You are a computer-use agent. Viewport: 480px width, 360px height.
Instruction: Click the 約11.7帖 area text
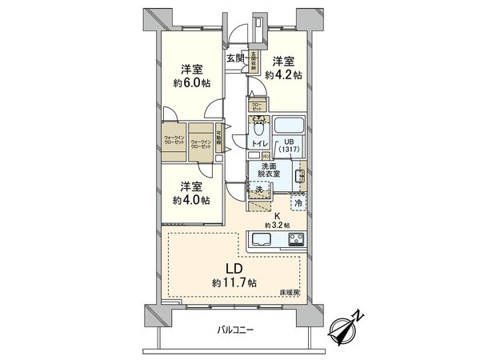click(234, 283)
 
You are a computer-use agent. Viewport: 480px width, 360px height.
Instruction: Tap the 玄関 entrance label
click(235, 58)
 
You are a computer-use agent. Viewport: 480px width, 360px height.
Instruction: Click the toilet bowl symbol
click(259, 128)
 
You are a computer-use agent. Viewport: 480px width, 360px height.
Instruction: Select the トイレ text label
click(260, 143)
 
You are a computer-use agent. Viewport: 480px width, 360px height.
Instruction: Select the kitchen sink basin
click(262, 238)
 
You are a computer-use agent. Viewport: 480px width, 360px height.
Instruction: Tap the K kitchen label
click(277, 215)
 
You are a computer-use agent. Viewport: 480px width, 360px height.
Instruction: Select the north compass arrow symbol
click(348, 326)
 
